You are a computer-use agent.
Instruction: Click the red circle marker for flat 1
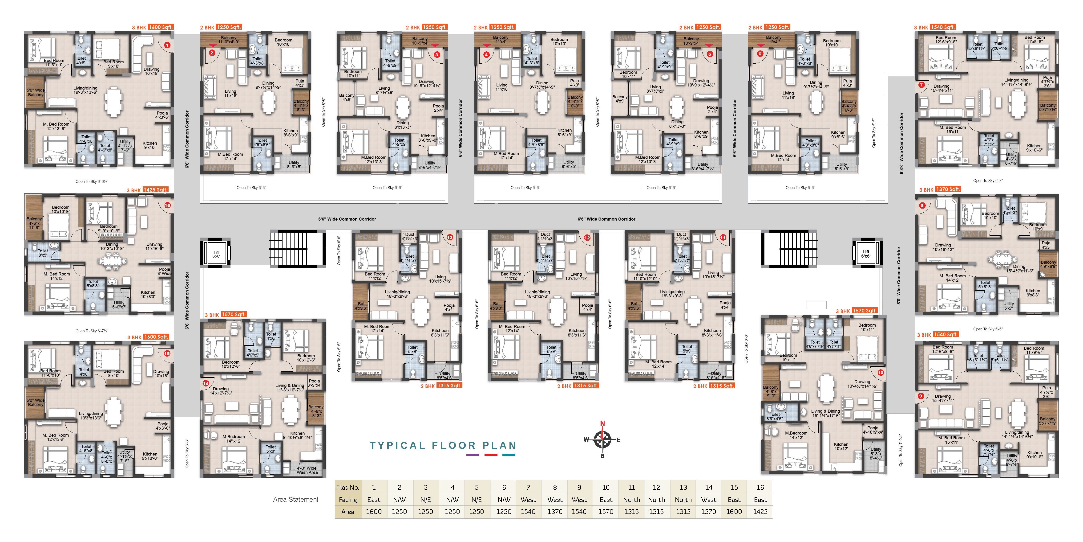click(167, 45)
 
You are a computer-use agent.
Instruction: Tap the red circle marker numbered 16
click(167, 205)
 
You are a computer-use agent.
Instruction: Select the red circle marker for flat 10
click(880, 372)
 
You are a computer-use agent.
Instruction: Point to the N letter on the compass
click(602, 423)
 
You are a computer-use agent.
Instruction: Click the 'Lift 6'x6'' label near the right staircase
click(866, 254)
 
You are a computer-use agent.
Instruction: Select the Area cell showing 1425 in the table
click(760, 512)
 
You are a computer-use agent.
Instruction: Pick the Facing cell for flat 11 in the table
click(631, 500)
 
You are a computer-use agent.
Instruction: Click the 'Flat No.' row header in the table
click(348, 487)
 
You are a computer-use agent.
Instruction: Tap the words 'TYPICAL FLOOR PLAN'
click(443, 445)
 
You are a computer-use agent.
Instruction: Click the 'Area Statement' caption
click(295, 500)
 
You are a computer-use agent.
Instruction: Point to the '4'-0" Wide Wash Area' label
click(307, 470)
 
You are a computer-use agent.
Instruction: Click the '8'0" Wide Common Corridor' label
click(899, 276)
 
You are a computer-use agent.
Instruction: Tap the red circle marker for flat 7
click(921, 85)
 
